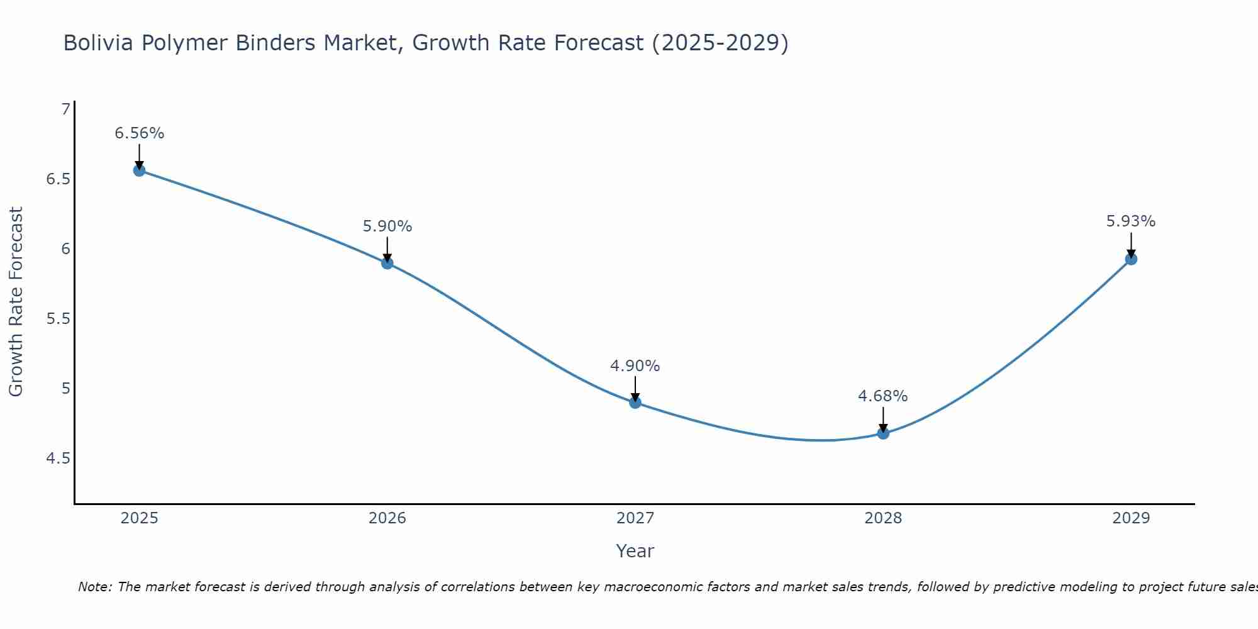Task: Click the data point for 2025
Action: [139, 170]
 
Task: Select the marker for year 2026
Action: [387, 263]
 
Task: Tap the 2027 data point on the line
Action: [635, 403]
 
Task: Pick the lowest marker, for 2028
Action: [883, 433]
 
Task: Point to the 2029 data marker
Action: [1131, 259]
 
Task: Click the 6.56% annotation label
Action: [139, 133]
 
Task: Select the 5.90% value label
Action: [387, 226]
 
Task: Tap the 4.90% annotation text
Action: [635, 366]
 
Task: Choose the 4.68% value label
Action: [883, 396]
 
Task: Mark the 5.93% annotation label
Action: [1131, 221]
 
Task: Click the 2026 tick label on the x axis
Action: [387, 518]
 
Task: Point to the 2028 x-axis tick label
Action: [883, 518]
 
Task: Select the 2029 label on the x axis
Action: [1131, 518]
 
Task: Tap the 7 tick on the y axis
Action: [65, 109]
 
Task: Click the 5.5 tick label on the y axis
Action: [58, 319]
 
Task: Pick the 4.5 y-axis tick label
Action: [58, 459]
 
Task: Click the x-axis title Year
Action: [635, 551]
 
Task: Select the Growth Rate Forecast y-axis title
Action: [16, 302]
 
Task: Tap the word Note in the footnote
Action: [94, 587]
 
